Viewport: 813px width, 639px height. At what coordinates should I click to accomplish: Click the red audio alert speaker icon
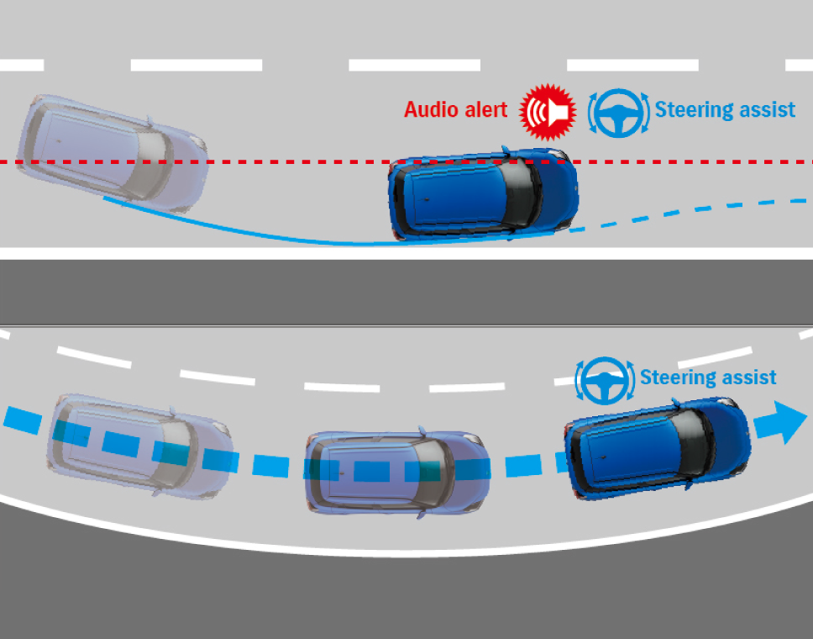548,110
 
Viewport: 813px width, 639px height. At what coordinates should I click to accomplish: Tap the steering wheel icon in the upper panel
620,113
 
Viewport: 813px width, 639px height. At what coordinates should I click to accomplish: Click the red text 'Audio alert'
455,110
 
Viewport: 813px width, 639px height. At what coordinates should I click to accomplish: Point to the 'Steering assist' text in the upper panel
725,109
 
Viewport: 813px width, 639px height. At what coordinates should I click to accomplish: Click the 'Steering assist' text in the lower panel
708,378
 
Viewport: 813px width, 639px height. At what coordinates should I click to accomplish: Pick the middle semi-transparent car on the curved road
395,471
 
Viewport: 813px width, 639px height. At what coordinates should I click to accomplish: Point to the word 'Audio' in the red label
431,110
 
